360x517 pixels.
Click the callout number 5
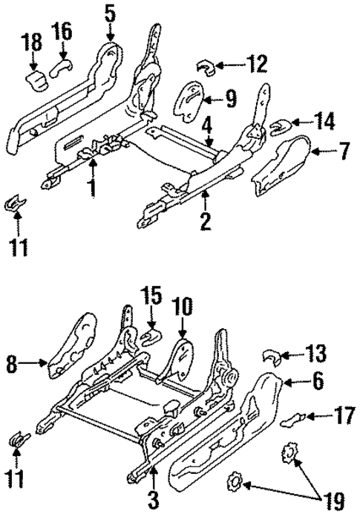point(110,13)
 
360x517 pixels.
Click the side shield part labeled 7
point(282,166)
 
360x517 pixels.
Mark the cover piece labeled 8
point(71,348)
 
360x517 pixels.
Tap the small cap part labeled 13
point(272,357)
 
